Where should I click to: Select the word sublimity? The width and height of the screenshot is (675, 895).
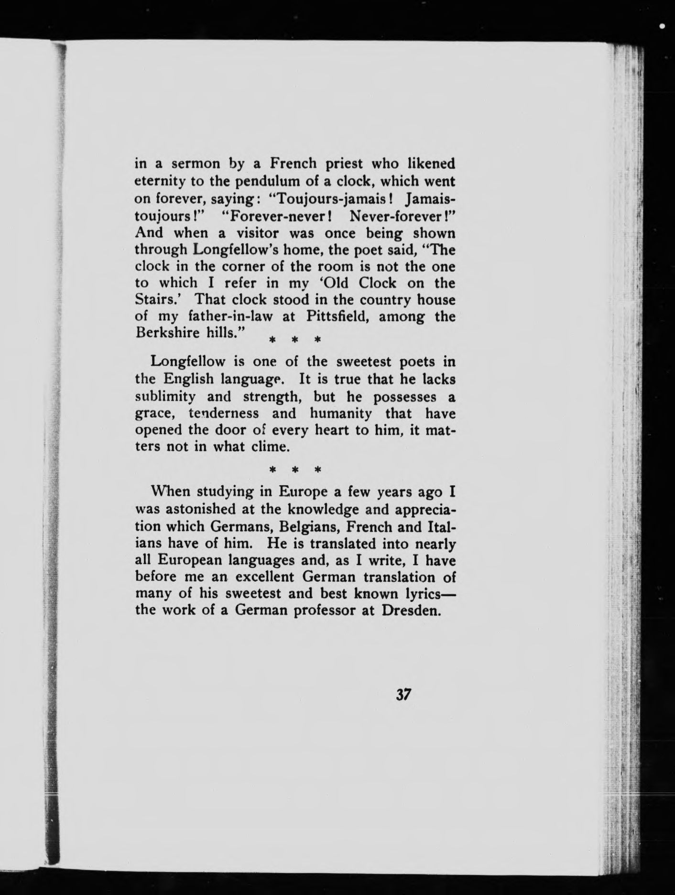pos(165,396)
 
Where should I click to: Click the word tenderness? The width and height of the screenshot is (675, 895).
pos(224,413)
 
